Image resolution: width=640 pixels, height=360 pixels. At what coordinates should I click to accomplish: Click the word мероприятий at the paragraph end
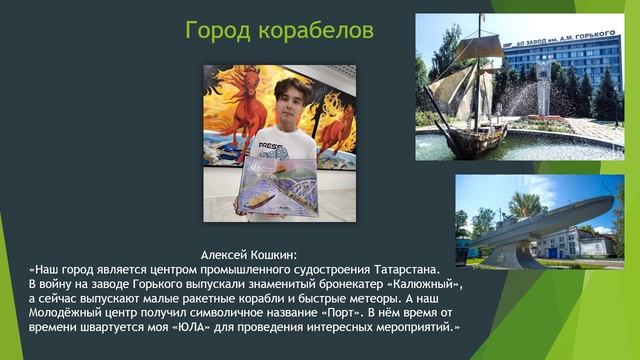[409, 328]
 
